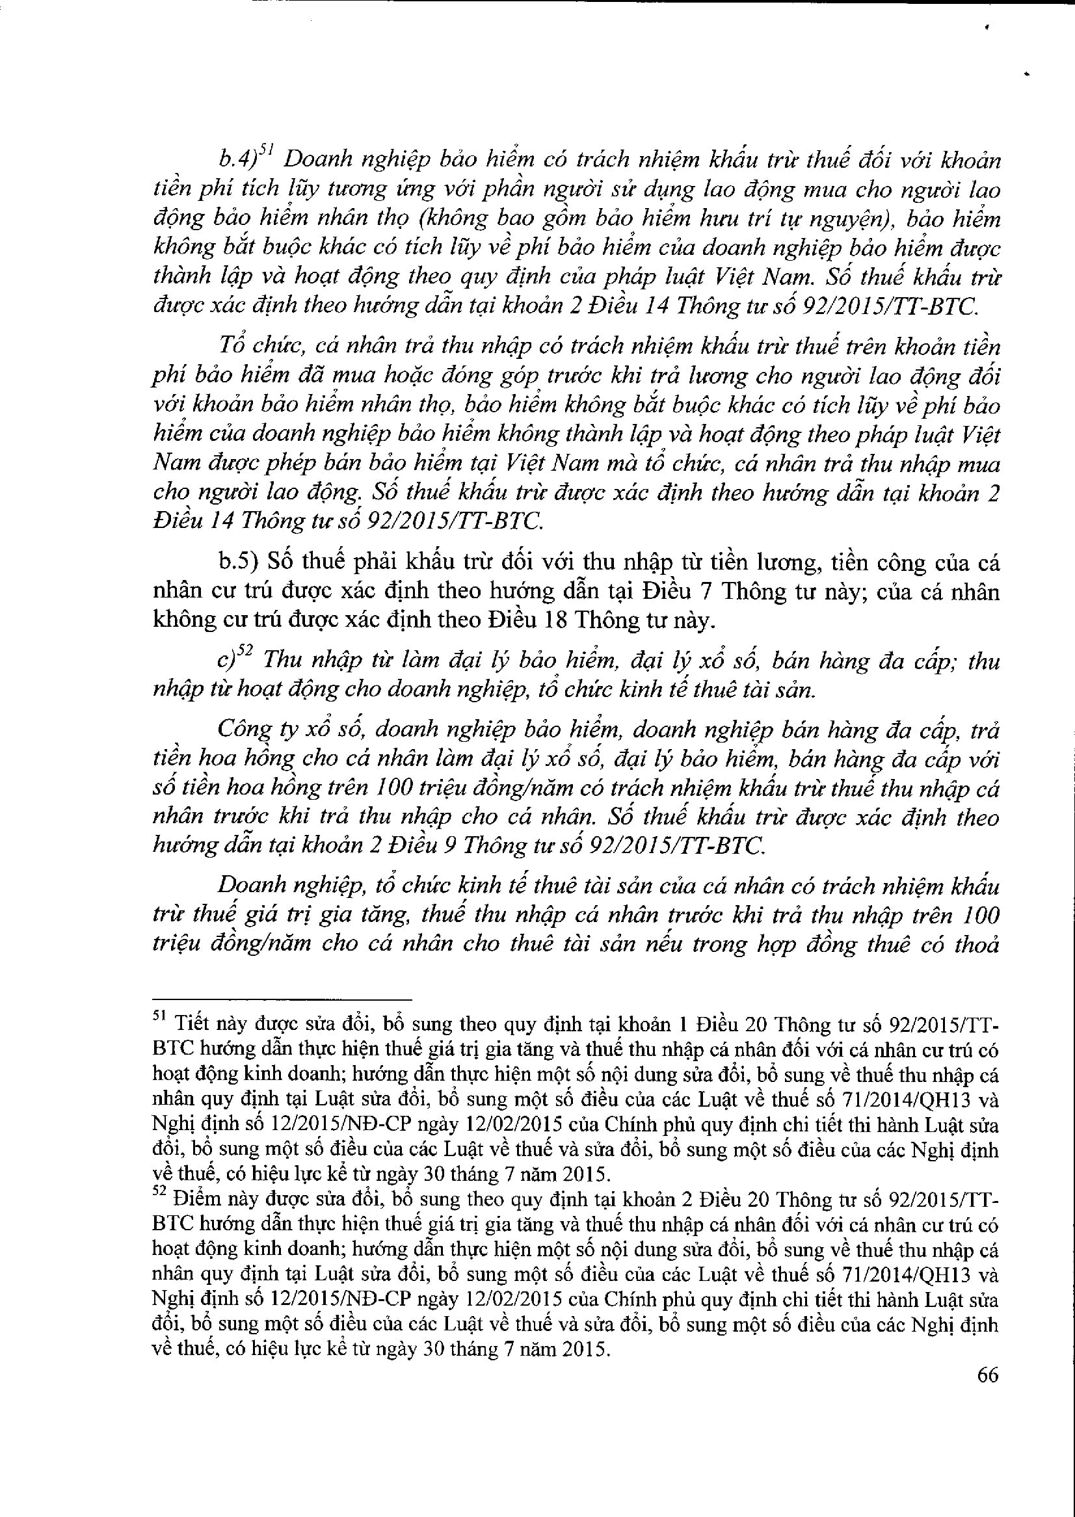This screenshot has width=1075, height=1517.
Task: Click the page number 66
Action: pos(987,1375)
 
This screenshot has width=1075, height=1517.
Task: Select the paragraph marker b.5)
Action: pos(238,563)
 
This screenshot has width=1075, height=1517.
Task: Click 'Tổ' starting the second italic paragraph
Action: pos(231,346)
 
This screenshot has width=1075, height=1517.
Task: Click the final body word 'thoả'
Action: pos(976,943)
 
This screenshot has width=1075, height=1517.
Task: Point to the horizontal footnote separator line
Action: pos(282,1000)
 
